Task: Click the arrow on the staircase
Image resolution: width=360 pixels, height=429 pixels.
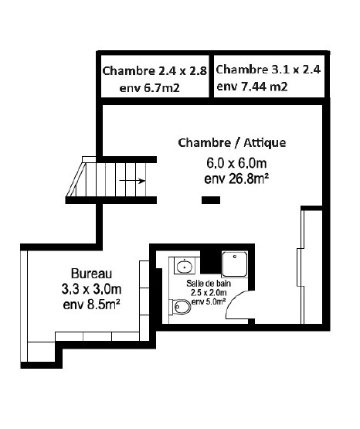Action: point(132,182)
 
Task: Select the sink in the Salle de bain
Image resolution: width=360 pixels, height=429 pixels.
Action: point(185,267)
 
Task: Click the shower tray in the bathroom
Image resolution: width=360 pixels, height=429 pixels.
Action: point(234,266)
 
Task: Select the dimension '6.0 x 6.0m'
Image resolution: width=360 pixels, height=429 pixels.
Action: point(236,163)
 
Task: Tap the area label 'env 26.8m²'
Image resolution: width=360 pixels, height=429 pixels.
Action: point(236,179)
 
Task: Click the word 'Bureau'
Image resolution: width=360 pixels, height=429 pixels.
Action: point(92,274)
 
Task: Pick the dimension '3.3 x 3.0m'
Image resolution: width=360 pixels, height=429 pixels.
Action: point(92,289)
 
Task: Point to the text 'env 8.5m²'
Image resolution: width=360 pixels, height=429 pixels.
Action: point(92,305)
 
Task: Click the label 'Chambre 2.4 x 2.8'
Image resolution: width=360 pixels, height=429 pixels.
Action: point(155,71)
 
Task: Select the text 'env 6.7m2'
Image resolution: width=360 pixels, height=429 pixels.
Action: point(150,88)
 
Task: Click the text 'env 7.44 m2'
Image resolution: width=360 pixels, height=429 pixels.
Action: point(252,87)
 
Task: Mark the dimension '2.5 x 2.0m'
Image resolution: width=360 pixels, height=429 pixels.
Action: point(208,293)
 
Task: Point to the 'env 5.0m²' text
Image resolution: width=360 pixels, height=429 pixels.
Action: point(208,301)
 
